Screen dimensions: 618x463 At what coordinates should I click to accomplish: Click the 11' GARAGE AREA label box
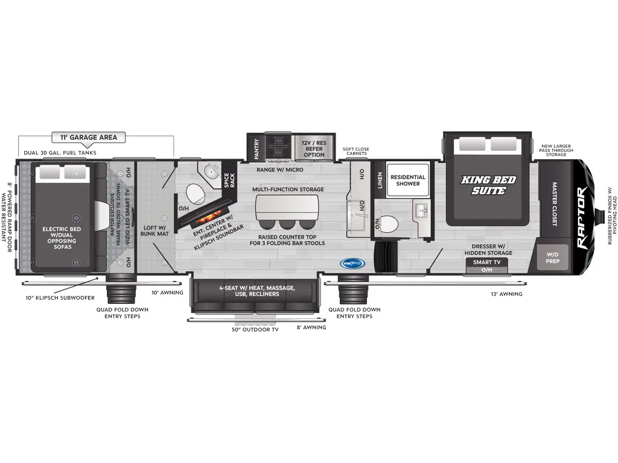pos(84,137)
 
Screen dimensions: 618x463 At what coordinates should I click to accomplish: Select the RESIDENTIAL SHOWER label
pos(407,180)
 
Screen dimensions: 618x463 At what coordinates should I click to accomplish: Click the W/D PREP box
pos(553,258)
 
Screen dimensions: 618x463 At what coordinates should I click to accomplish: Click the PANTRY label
pos(256,148)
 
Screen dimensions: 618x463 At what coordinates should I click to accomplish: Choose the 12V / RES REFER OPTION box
pos(314,148)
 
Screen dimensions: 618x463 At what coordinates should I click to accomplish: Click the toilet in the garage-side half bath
pos(195,194)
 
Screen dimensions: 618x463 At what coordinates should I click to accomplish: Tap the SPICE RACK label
pos(230,180)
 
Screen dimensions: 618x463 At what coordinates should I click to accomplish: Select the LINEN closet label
pos(380,180)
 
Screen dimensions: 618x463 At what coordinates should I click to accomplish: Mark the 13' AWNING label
pos(506,294)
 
